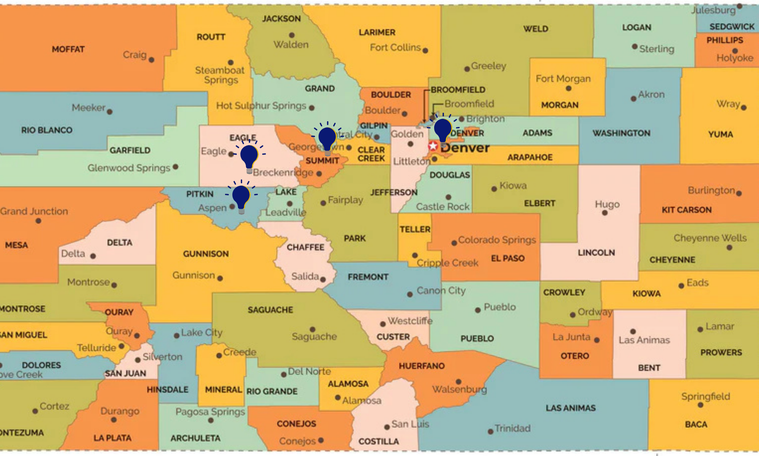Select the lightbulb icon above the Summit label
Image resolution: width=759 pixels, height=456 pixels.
click(327, 139)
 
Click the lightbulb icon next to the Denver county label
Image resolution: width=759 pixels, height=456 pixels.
click(442, 130)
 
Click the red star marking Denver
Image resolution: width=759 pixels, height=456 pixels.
click(433, 146)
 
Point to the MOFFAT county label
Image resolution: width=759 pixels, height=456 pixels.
click(68, 49)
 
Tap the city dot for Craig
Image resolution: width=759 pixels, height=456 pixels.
click(151, 60)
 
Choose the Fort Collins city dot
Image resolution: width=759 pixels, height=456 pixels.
click(425, 51)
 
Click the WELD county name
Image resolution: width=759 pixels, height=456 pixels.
click(535, 29)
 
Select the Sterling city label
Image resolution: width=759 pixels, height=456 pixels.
click(657, 49)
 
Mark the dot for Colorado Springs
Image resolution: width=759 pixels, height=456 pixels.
click(454, 243)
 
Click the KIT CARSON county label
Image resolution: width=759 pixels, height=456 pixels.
click(687, 210)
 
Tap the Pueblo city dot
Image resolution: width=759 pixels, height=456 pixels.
click(478, 310)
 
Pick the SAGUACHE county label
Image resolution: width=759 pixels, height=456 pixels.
click(270, 310)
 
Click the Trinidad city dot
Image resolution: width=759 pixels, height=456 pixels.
click(490, 432)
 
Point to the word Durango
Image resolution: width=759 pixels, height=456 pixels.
click(120, 411)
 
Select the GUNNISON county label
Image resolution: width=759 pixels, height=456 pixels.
click(206, 254)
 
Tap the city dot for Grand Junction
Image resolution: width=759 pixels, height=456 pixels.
click(38, 221)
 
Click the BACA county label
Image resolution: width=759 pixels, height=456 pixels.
click(696, 424)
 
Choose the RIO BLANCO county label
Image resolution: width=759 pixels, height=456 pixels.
click(47, 130)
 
